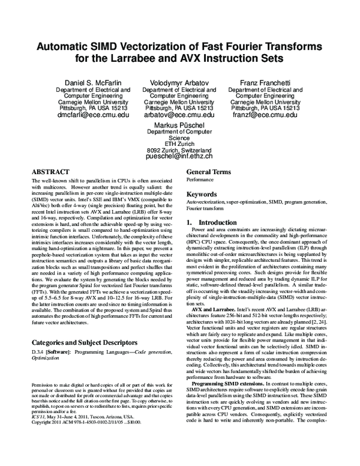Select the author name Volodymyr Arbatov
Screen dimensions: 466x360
(x=180, y=81)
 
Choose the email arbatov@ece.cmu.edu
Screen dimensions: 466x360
(x=180, y=114)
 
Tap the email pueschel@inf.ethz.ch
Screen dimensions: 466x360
(x=180, y=156)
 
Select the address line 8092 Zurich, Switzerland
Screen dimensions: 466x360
(x=180, y=149)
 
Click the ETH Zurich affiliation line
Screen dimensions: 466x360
(x=180, y=143)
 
